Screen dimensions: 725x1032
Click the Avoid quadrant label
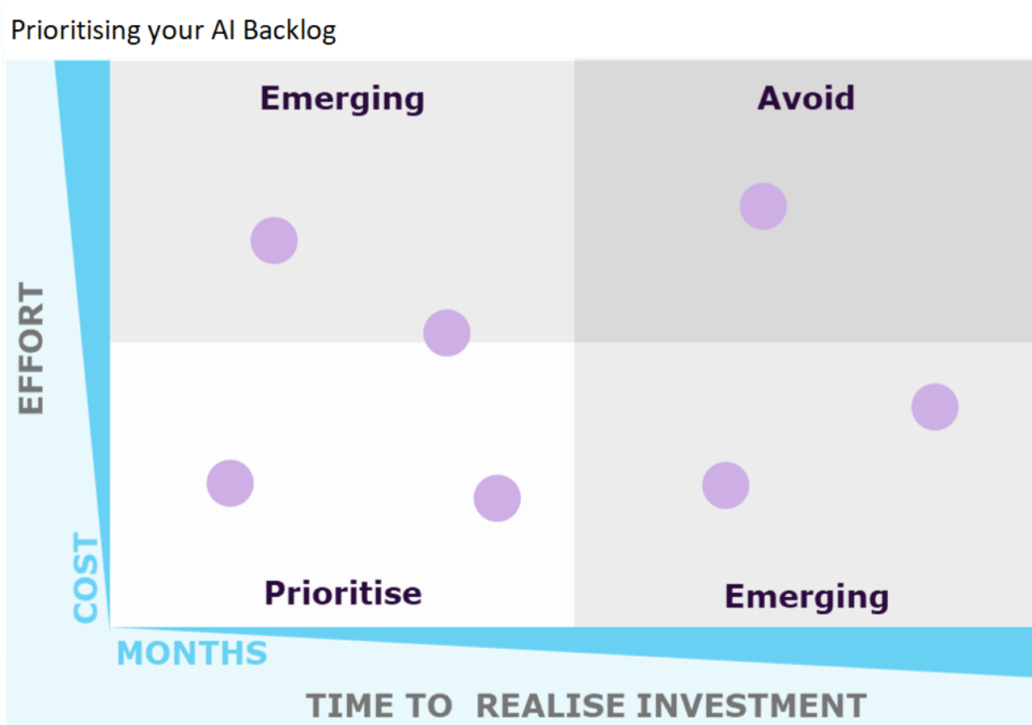pyautogui.click(x=806, y=99)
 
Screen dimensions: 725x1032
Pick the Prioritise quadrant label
pyautogui.click(x=343, y=593)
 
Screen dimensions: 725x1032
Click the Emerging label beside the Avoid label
pyautogui.click(x=342, y=99)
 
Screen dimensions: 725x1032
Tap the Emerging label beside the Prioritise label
pyautogui.click(x=806, y=597)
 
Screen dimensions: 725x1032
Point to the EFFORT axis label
pyautogui.click(x=32, y=349)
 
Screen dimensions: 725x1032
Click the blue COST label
pyautogui.click(x=86, y=577)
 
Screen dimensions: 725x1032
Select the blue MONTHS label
pyautogui.click(x=192, y=653)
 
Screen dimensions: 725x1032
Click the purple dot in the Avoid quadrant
pyautogui.click(x=763, y=206)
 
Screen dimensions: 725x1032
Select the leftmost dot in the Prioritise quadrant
pyautogui.click(x=231, y=483)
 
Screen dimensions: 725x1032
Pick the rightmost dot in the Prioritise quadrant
pyautogui.click(x=497, y=498)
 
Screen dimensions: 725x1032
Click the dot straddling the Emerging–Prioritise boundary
pyautogui.click(x=446, y=333)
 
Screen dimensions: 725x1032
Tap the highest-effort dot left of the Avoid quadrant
pyautogui.click(x=274, y=240)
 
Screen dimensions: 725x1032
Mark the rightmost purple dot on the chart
pyautogui.click(x=934, y=407)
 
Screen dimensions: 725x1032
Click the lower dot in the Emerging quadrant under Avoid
pyautogui.click(x=725, y=485)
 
